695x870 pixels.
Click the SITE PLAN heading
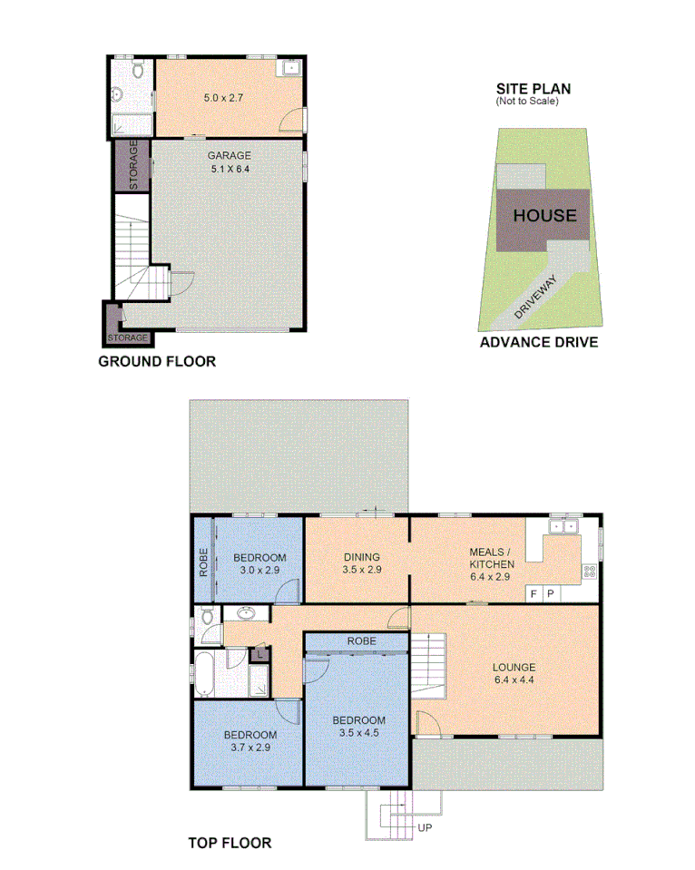pyautogui.click(x=533, y=88)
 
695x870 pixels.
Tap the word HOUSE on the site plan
pyautogui.click(x=544, y=215)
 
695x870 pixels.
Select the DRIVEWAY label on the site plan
pyautogui.click(x=537, y=296)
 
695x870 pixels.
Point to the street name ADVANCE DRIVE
pyautogui.click(x=538, y=342)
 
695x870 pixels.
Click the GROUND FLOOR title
pyautogui.click(x=156, y=361)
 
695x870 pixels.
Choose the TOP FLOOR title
pyautogui.click(x=230, y=843)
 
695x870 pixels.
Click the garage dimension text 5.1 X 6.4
pyautogui.click(x=229, y=168)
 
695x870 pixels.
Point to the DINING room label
pyautogui.click(x=361, y=557)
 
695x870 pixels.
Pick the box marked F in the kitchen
pyautogui.click(x=533, y=593)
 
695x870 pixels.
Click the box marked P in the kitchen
pyautogui.click(x=551, y=593)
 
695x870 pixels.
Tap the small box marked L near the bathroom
pyautogui.click(x=259, y=651)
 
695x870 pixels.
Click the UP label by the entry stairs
pyautogui.click(x=425, y=828)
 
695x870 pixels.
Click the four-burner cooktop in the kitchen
pyautogui.click(x=589, y=572)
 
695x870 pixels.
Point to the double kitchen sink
pyautogui.click(x=563, y=525)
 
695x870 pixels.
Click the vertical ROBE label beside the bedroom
pyautogui.click(x=203, y=562)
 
